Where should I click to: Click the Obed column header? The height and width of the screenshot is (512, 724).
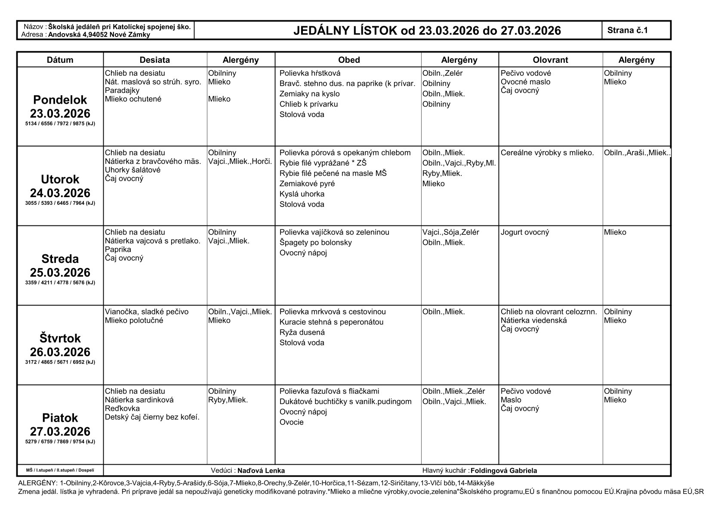[348, 60]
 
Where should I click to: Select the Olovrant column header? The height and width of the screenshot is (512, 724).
[550, 60]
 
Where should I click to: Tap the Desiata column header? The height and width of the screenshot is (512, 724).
[155, 60]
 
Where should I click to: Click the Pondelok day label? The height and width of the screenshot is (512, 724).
[60, 100]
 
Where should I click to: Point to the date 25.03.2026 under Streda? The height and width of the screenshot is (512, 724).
[60, 272]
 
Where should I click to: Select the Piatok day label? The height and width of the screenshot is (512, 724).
[60, 418]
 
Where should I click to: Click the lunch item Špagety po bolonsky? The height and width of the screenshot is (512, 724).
[315, 243]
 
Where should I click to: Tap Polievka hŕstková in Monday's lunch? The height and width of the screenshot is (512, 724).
[310, 73]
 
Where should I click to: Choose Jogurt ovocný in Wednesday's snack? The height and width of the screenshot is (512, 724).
[525, 232]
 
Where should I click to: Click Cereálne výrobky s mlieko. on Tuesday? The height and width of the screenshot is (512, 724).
[547, 153]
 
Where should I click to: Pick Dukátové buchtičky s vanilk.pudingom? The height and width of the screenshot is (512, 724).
[345, 401]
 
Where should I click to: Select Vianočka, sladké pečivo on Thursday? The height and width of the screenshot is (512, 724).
[147, 312]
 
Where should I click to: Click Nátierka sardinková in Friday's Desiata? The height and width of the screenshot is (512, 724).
[139, 400]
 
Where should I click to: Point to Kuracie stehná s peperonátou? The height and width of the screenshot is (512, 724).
[331, 322]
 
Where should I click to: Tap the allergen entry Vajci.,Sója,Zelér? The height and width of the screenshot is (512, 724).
[450, 232]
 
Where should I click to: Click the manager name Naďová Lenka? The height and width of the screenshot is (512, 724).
[261, 471]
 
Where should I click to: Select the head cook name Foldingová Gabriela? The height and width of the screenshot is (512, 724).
[504, 471]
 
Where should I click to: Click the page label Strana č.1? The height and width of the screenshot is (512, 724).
[628, 30]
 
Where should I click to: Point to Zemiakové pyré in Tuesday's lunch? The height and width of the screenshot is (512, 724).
[307, 184]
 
